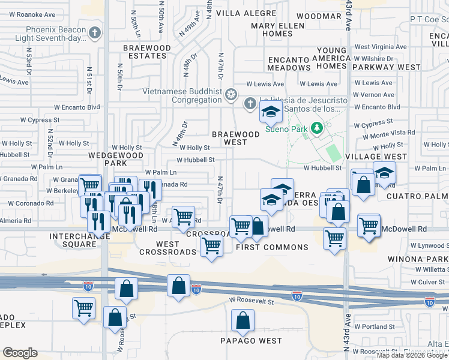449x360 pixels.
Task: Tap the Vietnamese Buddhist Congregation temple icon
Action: coord(230,94)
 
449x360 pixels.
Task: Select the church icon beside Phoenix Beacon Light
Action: coord(94,32)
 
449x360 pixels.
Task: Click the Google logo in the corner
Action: coord(20,353)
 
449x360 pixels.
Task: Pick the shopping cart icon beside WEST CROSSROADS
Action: coord(211,245)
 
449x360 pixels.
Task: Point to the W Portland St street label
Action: coord(374,326)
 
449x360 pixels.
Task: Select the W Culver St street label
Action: coord(427,282)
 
